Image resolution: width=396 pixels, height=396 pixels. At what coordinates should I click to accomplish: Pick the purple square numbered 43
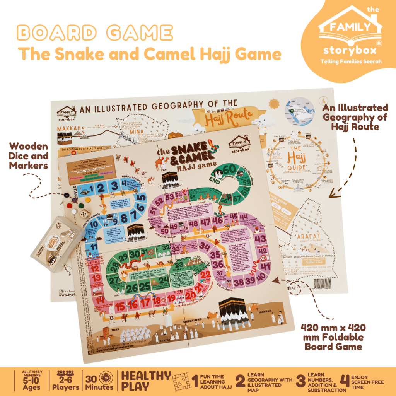(x=260, y=239)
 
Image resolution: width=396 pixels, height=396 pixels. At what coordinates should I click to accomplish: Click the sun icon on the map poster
(x=274, y=104)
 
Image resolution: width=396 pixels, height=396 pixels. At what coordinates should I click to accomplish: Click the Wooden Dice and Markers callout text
(x=29, y=156)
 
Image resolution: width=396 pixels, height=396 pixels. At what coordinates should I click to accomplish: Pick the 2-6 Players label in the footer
(x=66, y=381)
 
